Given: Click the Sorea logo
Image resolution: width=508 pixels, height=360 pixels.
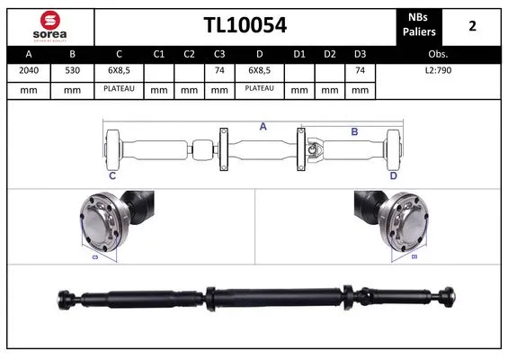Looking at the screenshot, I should (49, 24).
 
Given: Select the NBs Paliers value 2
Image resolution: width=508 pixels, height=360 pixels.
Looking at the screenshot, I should (472, 25).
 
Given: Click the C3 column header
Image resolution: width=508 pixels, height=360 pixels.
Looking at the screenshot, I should (218, 53).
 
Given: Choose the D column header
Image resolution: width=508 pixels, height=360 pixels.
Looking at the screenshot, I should (259, 53).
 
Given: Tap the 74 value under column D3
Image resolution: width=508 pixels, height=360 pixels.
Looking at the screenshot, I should (360, 70).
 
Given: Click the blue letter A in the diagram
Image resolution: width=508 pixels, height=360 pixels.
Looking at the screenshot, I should (263, 127).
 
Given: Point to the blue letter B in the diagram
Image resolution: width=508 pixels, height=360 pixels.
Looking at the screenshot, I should (354, 131).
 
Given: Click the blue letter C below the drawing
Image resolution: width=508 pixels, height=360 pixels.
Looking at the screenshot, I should (112, 175).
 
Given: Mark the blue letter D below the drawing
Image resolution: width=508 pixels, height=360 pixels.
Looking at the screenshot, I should (393, 175).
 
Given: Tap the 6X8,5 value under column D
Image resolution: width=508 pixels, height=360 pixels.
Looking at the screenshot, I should (259, 70).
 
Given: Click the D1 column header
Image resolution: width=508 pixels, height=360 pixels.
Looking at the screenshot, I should (299, 53).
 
